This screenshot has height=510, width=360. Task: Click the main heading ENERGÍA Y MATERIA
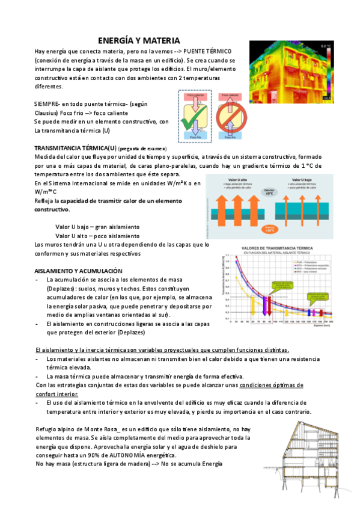(139, 40)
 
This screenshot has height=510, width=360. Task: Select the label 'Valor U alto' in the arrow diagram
(234, 179)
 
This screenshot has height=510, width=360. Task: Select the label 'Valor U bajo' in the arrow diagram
(297, 179)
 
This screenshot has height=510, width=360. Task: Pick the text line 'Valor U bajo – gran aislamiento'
(97, 227)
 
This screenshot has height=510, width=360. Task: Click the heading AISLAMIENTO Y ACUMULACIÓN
(79, 271)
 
